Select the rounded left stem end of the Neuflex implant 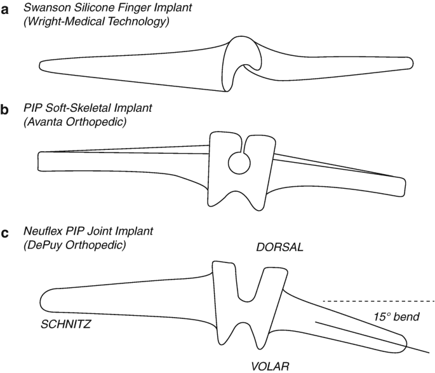pos(46,300)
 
